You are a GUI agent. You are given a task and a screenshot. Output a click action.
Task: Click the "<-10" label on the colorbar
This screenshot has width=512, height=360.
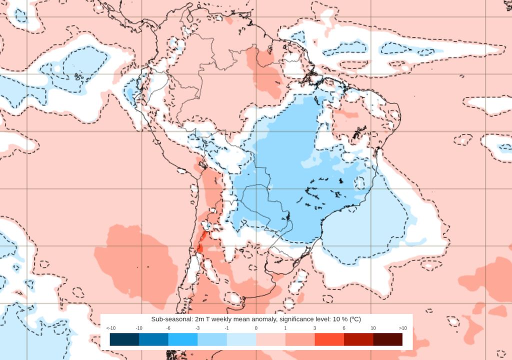pos(110,328)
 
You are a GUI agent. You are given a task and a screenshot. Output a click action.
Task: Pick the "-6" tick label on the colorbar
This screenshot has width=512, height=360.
pos(168,328)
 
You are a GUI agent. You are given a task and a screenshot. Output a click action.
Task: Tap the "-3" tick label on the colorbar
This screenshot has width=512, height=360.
pos(197,328)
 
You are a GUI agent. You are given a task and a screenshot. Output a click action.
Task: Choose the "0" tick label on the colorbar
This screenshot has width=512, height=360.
pos(256,328)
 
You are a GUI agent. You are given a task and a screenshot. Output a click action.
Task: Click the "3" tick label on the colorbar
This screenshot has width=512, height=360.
pos(314,328)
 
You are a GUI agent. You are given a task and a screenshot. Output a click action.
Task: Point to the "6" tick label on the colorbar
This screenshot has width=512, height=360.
pos(344,328)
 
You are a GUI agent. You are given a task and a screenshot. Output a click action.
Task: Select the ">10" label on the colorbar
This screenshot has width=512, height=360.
pos(402,328)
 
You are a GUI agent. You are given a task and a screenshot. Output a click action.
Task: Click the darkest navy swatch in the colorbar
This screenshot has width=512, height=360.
pos(124,339)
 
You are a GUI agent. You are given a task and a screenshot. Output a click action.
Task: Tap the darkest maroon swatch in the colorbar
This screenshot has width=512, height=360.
pos(387,339)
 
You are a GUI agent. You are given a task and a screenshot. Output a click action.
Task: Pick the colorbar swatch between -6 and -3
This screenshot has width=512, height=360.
pos(182,339)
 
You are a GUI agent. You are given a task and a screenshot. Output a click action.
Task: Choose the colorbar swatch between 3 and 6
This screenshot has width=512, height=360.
pos(329,339)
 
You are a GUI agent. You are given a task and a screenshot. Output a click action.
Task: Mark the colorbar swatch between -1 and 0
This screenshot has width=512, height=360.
pos(241,339)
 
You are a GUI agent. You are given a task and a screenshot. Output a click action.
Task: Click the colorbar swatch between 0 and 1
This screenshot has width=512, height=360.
pos(270,339)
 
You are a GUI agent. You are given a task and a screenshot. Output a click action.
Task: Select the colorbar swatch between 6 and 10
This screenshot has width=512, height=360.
pos(358,339)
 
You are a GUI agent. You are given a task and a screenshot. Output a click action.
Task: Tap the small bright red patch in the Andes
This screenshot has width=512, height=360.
pos(201,241)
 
